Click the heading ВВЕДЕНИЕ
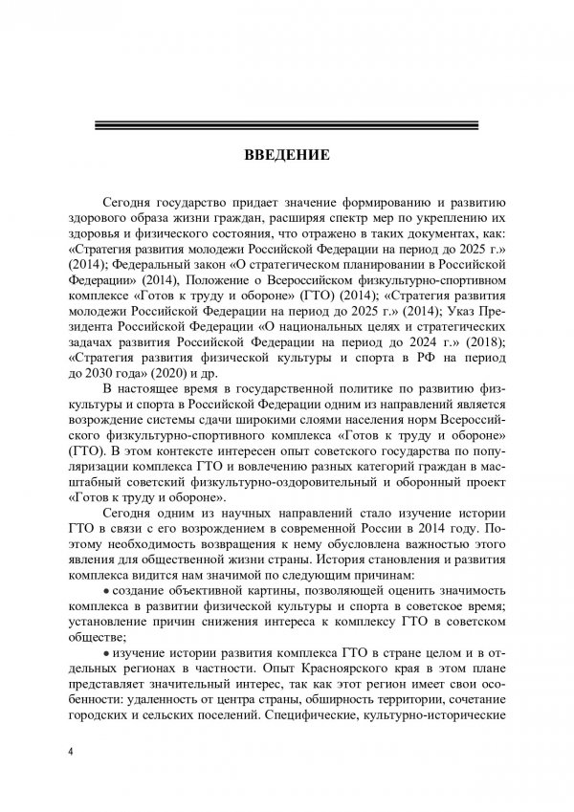point(286,154)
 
